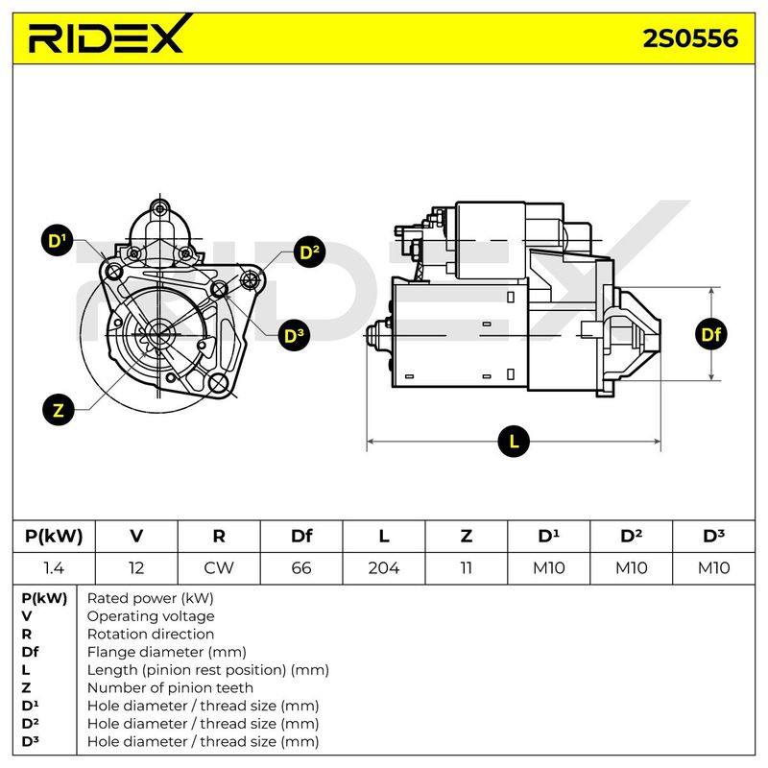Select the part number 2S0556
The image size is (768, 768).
(690, 38)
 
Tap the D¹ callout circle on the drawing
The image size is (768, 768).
(58, 241)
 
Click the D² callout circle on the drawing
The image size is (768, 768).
(309, 252)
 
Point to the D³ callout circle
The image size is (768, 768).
(294, 335)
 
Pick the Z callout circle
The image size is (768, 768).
(59, 410)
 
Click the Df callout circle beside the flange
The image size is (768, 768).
(710, 334)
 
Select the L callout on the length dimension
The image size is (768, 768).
(514, 442)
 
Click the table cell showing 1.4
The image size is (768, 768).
(54, 568)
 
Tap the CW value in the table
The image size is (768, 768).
(219, 568)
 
